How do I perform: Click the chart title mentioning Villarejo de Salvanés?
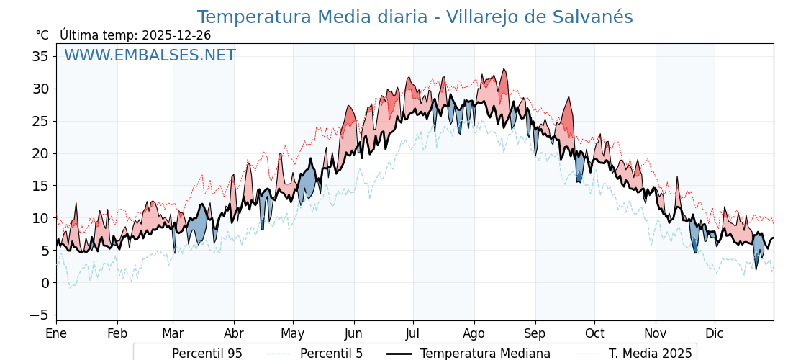[x=415, y=17]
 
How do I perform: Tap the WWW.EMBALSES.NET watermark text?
[x=150, y=55]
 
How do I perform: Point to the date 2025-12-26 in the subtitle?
[x=176, y=35]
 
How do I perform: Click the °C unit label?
[x=42, y=35]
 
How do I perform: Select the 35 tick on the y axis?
[x=41, y=56]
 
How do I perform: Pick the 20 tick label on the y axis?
[x=41, y=153]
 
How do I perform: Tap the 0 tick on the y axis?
[x=45, y=282]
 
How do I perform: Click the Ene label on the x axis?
[x=56, y=333]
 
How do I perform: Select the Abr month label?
[x=234, y=333]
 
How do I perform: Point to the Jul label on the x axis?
[x=413, y=333]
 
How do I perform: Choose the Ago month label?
[x=474, y=333]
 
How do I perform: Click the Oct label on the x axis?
[x=594, y=333]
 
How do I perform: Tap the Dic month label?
[x=715, y=333]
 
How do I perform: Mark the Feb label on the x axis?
[x=117, y=333]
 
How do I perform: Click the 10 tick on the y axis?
[x=41, y=217]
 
